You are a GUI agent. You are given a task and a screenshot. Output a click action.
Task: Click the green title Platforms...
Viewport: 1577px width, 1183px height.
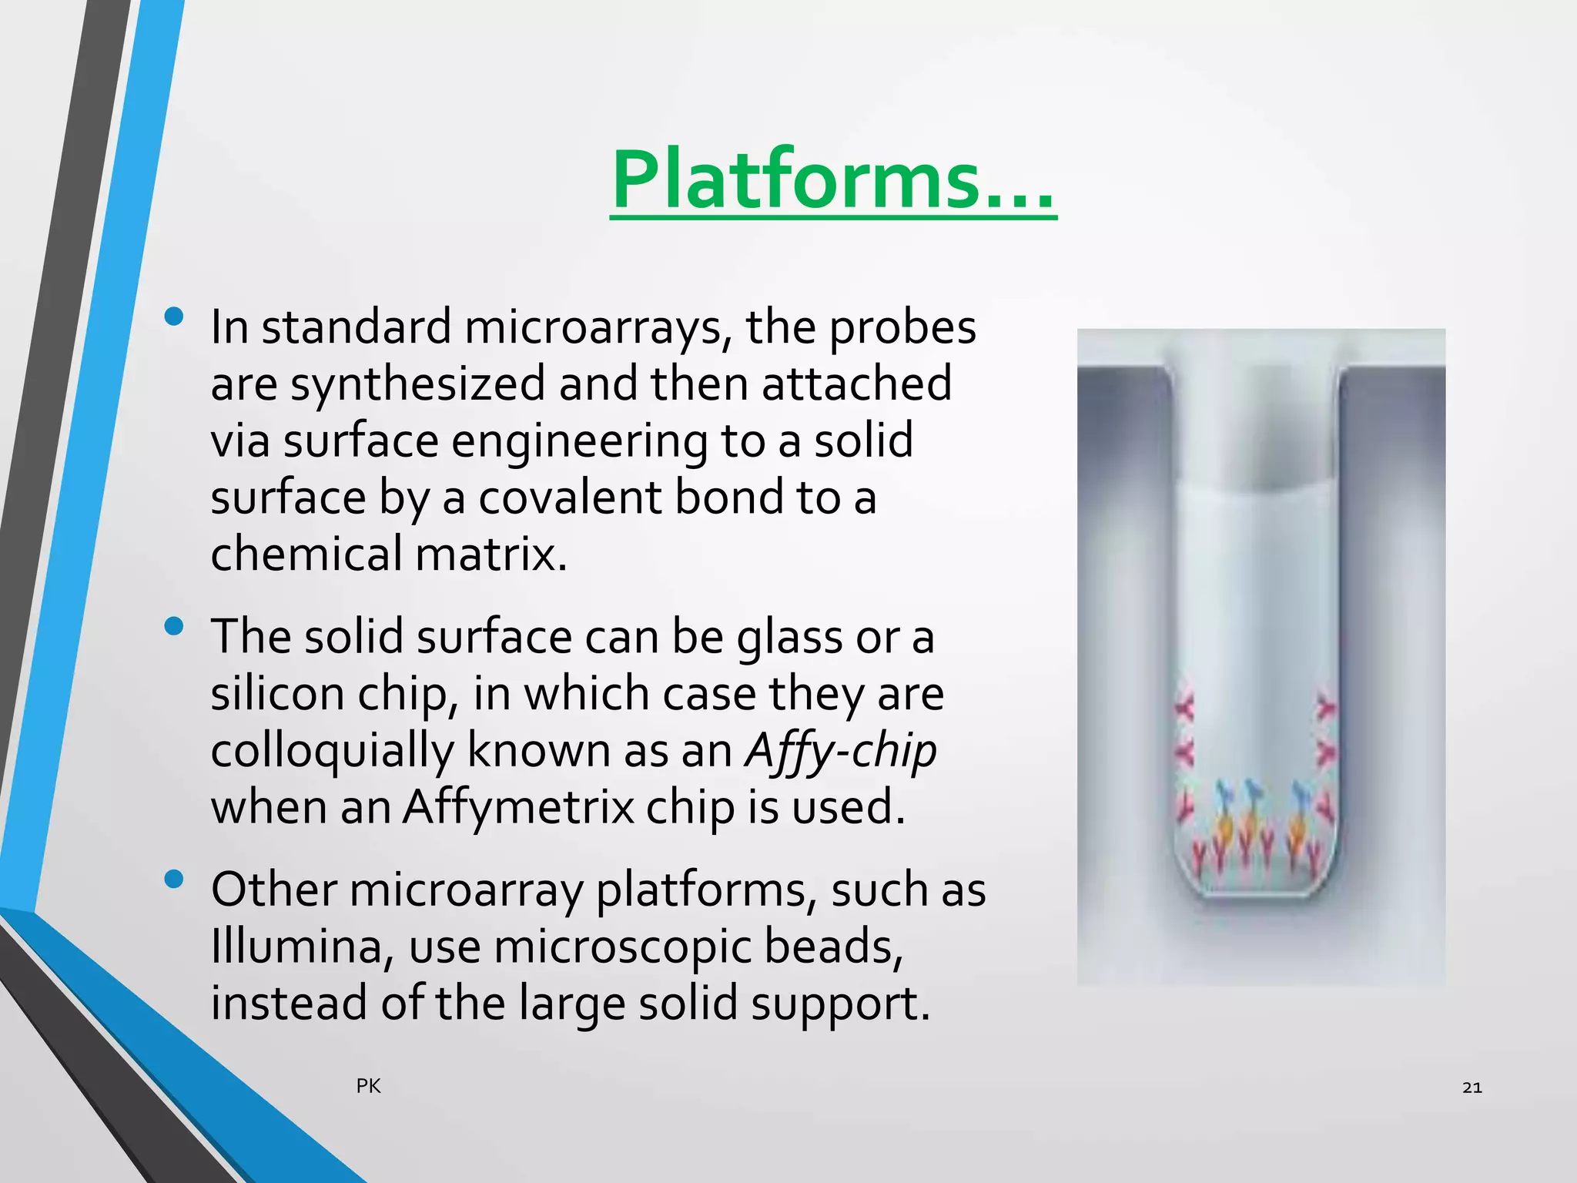833,181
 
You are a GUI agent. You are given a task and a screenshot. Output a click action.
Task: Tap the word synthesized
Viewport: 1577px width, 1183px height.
417,384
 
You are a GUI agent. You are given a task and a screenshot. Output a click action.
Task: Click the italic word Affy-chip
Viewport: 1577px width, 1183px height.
840,750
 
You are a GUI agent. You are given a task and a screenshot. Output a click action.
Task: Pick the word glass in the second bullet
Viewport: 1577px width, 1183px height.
789,638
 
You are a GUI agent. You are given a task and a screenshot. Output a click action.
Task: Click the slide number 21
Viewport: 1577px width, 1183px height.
1472,1087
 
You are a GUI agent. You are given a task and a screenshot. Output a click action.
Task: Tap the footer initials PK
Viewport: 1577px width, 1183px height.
368,1086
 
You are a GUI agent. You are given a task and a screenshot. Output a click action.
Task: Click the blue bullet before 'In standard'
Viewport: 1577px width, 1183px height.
174,317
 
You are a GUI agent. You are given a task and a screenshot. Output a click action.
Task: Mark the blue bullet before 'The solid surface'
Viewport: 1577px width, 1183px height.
174,626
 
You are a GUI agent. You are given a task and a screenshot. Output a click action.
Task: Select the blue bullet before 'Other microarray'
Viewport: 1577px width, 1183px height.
174,879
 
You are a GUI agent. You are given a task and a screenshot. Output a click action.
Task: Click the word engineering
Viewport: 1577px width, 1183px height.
578,441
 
